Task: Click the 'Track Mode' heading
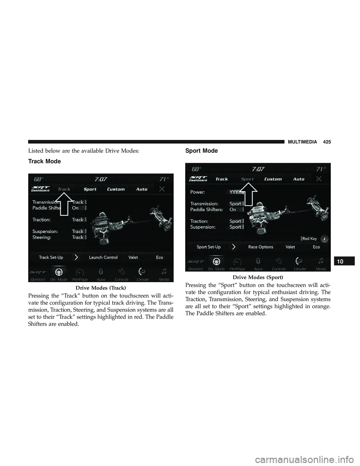point(44,161)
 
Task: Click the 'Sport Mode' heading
point(201,150)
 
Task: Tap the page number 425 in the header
point(327,142)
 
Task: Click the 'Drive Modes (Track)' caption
point(100,288)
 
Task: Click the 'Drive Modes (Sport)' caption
point(258,277)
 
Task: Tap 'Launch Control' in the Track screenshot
point(103,257)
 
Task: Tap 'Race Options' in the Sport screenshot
point(261,247)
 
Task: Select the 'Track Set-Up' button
point(51,257)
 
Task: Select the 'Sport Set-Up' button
point(208,247)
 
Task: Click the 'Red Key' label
point(309,239)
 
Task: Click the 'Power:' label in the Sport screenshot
point(198,192)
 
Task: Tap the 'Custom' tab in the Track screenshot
point(116,189)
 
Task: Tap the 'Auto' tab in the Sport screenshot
point(298,179)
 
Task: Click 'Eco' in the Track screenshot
point(159,257)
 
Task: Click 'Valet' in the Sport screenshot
point(290,247)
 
